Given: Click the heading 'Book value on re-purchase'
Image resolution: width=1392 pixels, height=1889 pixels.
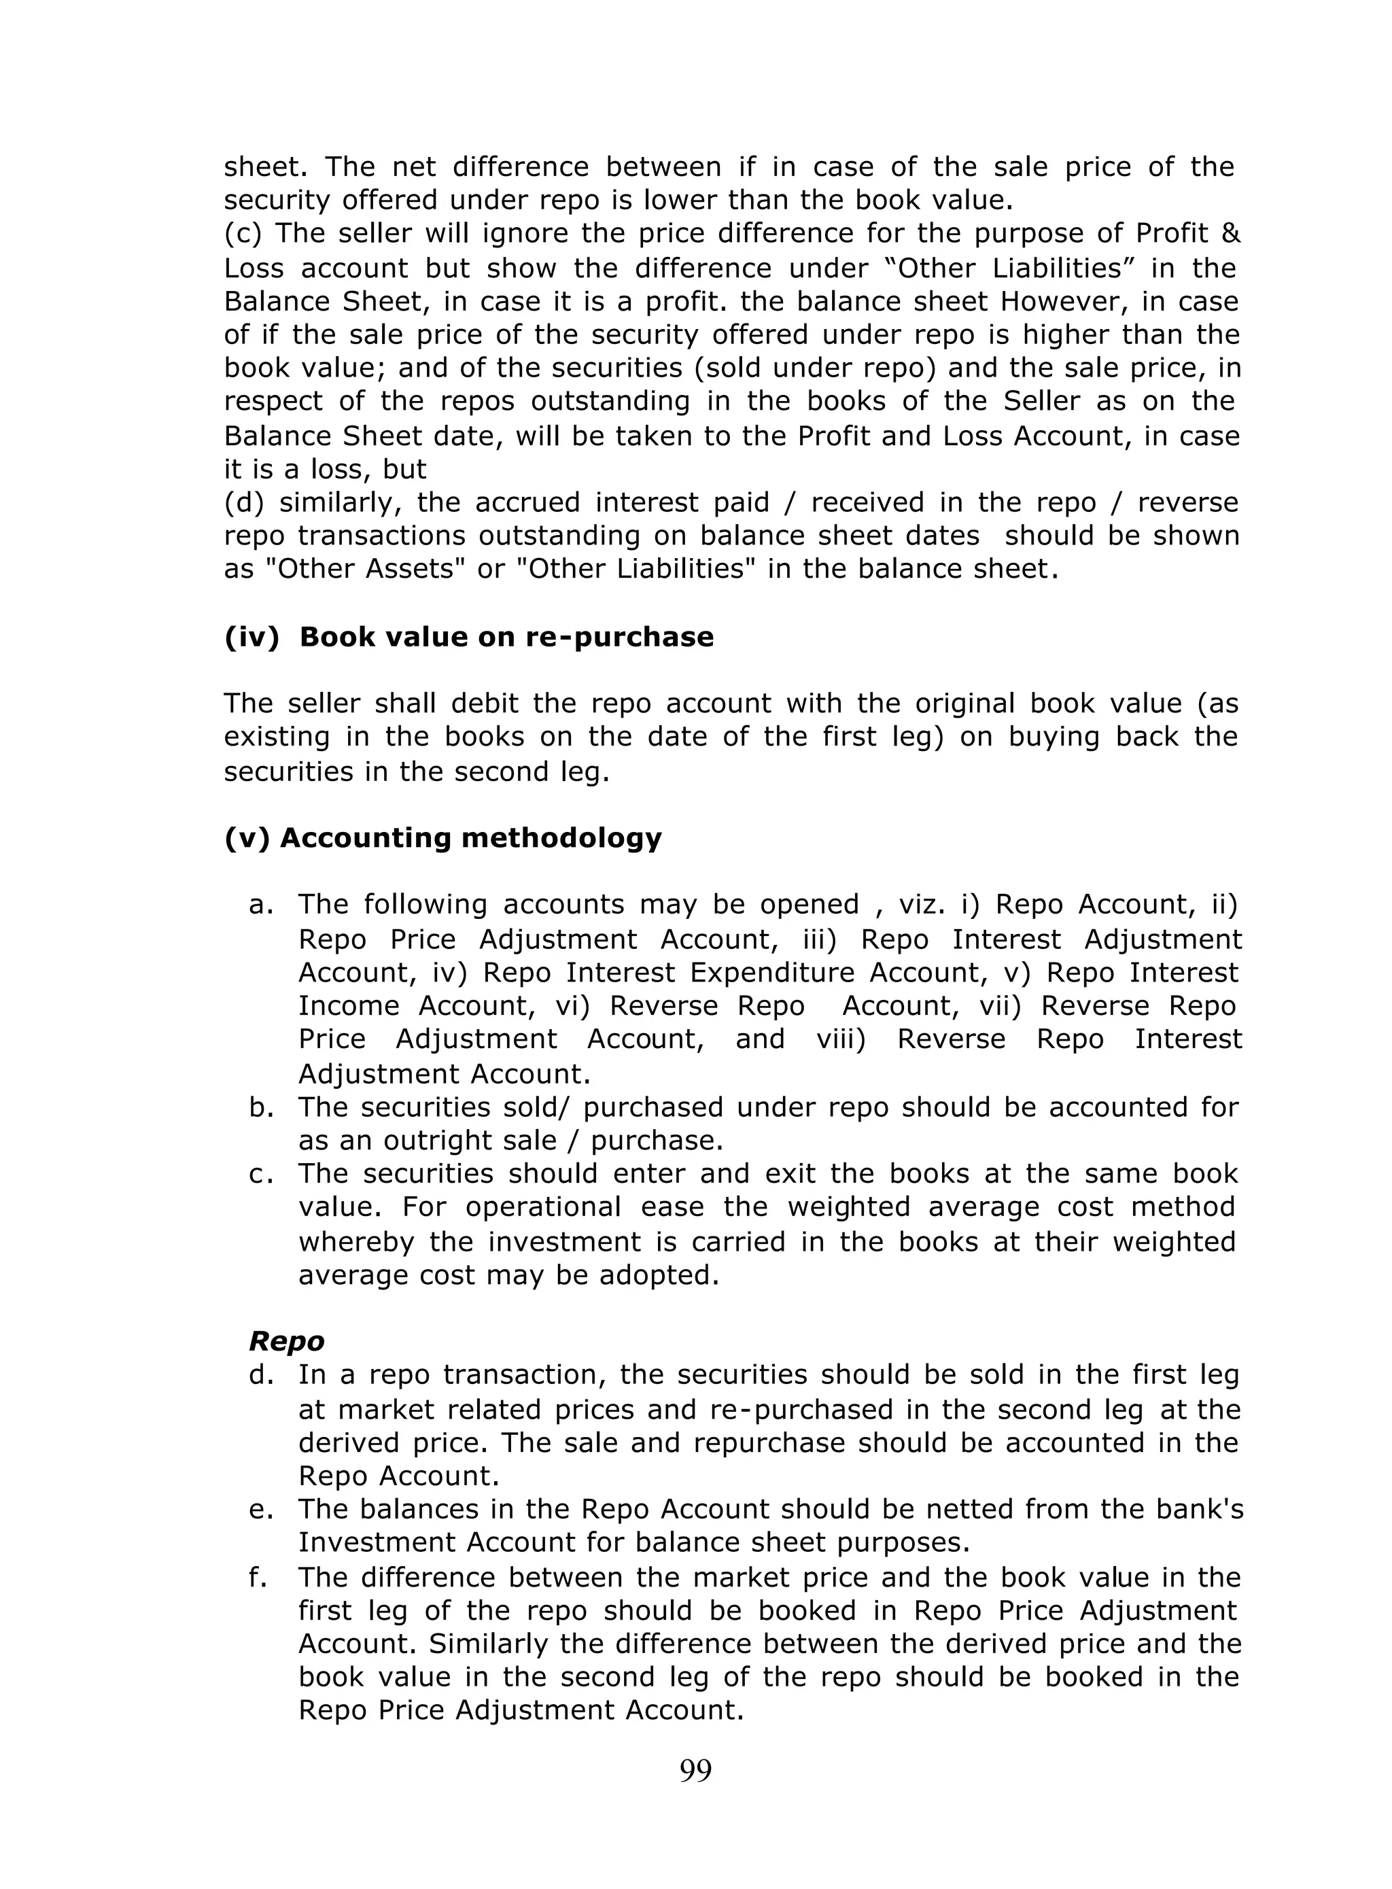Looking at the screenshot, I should coord(506,636).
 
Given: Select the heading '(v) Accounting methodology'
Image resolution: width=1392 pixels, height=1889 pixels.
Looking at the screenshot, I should coord(443,837).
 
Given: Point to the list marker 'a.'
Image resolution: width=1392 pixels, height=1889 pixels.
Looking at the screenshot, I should coord(262,905).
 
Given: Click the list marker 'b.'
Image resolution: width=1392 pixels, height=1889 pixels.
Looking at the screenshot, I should coord(262,1107).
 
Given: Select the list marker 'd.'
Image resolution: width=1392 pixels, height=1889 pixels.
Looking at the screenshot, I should coord(262,1375).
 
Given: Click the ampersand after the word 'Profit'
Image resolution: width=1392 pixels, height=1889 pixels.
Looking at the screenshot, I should coord(1230,233).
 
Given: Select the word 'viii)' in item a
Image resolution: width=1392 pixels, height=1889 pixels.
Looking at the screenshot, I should coord(840,1039).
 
